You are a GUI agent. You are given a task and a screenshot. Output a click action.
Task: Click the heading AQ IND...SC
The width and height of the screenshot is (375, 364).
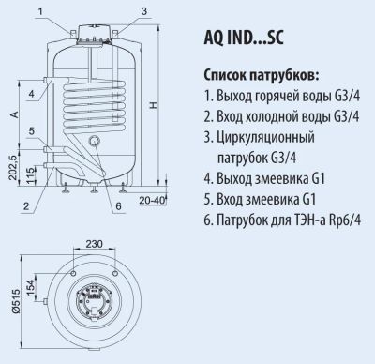coord(244,38)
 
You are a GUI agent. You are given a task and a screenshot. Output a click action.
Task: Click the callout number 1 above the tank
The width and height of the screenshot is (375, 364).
coord(40,12)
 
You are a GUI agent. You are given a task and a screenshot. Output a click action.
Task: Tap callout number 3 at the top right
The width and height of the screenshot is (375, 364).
coord(144,11)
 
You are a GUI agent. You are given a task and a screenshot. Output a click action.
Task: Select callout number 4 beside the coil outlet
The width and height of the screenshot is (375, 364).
coord(32,94)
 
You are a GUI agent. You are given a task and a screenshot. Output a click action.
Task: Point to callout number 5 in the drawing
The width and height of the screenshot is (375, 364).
coord(32,131)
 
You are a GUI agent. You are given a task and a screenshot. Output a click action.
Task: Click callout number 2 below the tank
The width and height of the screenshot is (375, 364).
coord(26,205)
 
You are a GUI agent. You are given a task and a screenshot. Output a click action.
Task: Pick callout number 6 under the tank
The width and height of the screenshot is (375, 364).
coord(118,206)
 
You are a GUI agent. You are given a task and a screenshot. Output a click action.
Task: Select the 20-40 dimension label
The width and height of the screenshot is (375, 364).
coord(152,201)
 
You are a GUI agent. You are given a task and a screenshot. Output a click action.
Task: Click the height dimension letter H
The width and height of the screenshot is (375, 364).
coord(153,105)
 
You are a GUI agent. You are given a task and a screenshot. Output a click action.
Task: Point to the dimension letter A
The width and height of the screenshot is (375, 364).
coord(14,114)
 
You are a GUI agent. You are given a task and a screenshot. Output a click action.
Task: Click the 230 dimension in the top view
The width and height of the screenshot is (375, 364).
coord(94,244)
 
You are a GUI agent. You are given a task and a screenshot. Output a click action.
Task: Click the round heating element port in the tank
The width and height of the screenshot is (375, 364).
coord(94,141)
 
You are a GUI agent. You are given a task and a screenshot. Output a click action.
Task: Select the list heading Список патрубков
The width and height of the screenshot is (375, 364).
coord(262,76)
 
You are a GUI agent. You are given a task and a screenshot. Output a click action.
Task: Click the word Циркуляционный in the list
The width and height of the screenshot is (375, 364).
coord(265,138)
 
